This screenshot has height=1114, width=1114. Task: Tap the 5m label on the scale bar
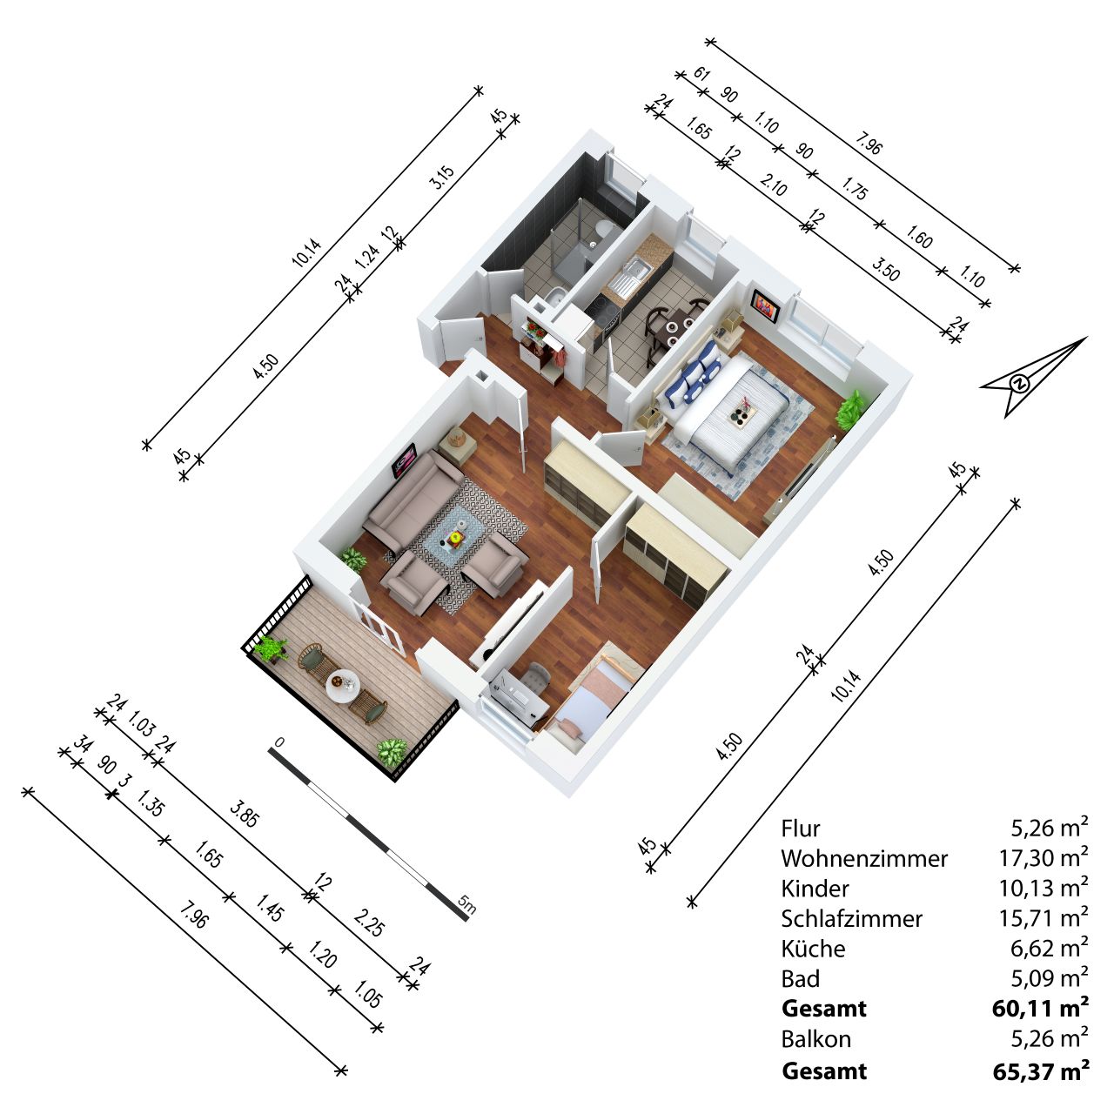[466, 903]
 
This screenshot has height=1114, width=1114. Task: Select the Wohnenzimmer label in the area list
[864, 858]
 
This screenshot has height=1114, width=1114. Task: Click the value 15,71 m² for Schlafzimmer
[1044, 918]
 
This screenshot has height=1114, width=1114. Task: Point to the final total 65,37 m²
[1041, 1070]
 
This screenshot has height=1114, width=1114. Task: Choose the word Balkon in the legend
[815, 1039]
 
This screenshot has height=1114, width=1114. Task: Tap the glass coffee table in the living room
[453, 536]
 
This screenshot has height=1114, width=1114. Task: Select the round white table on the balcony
[343, 686]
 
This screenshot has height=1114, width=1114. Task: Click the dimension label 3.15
[441, 177]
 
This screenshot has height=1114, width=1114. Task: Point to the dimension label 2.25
[369, 922]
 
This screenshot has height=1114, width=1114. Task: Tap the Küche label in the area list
[813, 949]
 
